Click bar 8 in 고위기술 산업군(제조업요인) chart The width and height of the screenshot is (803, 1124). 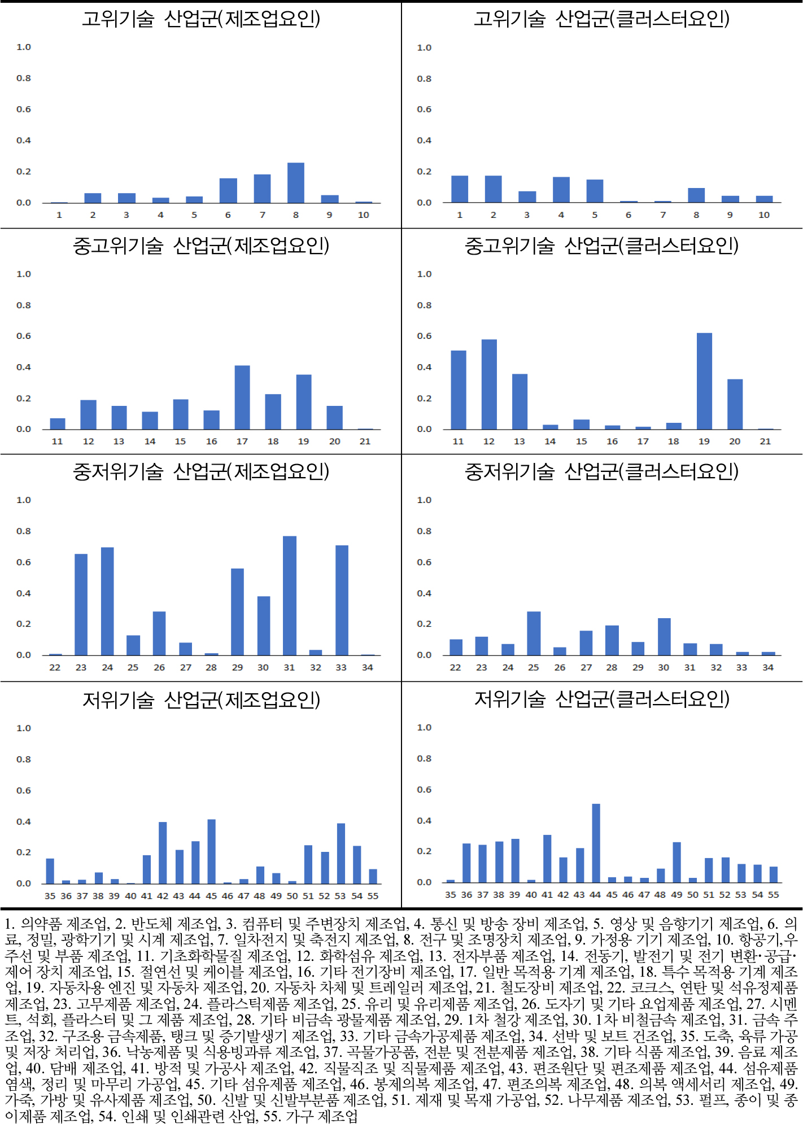pos(295,182)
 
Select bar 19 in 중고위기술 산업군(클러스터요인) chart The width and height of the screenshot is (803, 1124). pos(704,381)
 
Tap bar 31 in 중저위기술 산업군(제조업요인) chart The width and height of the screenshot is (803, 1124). pos(289,596)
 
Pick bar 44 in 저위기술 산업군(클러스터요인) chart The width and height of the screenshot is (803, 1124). pos(596,843)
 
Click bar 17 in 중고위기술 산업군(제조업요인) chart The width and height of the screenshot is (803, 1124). pos(242,397)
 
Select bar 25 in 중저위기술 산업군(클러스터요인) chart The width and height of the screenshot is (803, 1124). pos(534,633)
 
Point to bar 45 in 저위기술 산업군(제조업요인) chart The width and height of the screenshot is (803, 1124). pos(211,851)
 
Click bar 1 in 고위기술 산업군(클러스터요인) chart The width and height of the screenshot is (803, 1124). pos(460,189)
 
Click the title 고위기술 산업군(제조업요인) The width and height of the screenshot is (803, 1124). pos(201,19)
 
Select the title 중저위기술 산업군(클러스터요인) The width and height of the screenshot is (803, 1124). pos(601,471)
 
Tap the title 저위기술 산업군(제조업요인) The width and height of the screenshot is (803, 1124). pos(201,700)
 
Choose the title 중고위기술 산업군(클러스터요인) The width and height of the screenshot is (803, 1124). pos(601,246)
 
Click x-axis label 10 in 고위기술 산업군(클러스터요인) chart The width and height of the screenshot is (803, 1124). pos(763,215)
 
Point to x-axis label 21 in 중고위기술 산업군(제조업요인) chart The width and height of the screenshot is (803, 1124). pos(365,441)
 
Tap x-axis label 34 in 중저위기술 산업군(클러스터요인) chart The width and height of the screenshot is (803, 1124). pos(767,667)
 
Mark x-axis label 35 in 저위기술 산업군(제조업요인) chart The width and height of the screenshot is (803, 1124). pos(50,896)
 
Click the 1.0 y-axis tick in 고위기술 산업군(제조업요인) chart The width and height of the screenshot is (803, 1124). pos(23,47)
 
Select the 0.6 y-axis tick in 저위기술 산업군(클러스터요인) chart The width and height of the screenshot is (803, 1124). pos(424,790)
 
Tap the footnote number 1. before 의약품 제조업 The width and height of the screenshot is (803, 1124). pos(10,924)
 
